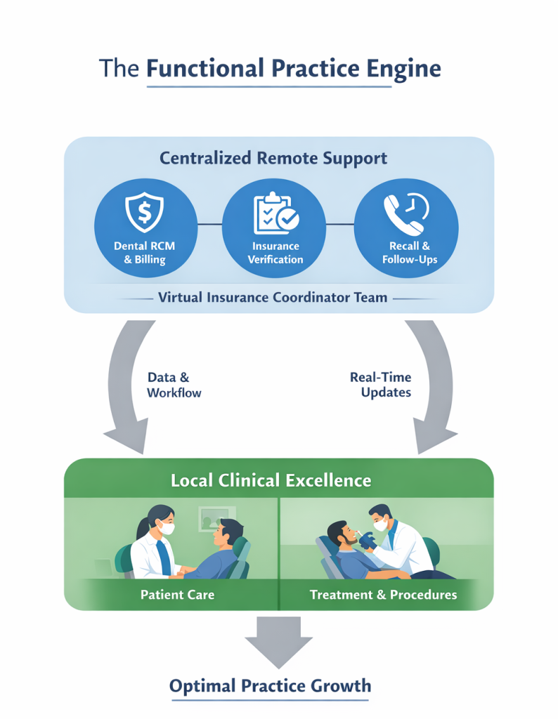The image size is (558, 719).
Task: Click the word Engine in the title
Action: point(401,68)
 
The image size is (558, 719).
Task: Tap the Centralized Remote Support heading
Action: point(273,158)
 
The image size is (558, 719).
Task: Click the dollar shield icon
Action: point(143,211)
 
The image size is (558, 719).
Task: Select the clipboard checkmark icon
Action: point(275,213)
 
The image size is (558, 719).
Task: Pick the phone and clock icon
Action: point(405,213)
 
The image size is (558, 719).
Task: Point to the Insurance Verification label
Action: point(275,253)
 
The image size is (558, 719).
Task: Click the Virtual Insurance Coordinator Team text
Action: point(273,297)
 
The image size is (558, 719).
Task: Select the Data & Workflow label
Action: point(173,385)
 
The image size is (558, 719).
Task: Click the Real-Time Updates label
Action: point(380,385)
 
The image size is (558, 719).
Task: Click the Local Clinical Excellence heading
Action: point(271,481)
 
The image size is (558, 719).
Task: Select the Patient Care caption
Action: point(177,595)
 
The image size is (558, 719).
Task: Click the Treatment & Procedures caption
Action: point(383,595)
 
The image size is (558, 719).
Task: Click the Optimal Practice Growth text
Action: point(270,685)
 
